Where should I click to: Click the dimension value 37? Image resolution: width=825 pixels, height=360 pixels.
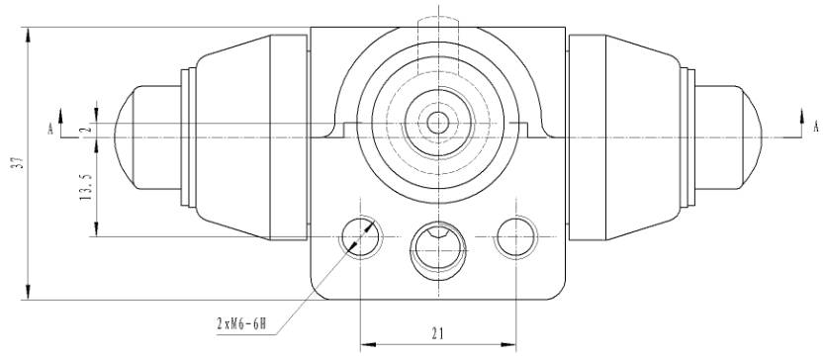click(20, 163)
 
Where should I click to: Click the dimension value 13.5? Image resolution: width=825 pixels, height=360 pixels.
click(87, 186)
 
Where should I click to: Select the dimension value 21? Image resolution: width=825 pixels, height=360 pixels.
click(438, 332)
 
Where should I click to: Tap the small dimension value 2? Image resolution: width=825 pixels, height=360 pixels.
click(88, 128)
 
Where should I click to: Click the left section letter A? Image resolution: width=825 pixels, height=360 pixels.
click(50, 128)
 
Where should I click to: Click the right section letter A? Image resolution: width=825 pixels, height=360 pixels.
click(816, 127)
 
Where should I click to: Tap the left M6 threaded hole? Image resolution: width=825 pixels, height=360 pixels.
click(360, 236)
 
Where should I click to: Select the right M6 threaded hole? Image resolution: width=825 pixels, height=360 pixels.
click(516, 236)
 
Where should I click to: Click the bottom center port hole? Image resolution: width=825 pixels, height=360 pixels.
click(438, 248)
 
